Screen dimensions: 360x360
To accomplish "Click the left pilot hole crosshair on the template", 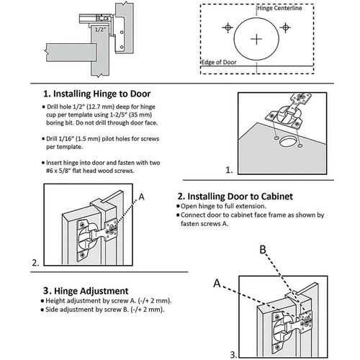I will (227, 27).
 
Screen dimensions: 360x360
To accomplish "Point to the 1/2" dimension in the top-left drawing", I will (99, 29).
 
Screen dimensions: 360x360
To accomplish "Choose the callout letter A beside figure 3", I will (216, 283).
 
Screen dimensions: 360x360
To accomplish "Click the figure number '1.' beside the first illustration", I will (229, 170).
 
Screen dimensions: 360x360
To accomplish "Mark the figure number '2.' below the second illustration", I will (36, 263).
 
